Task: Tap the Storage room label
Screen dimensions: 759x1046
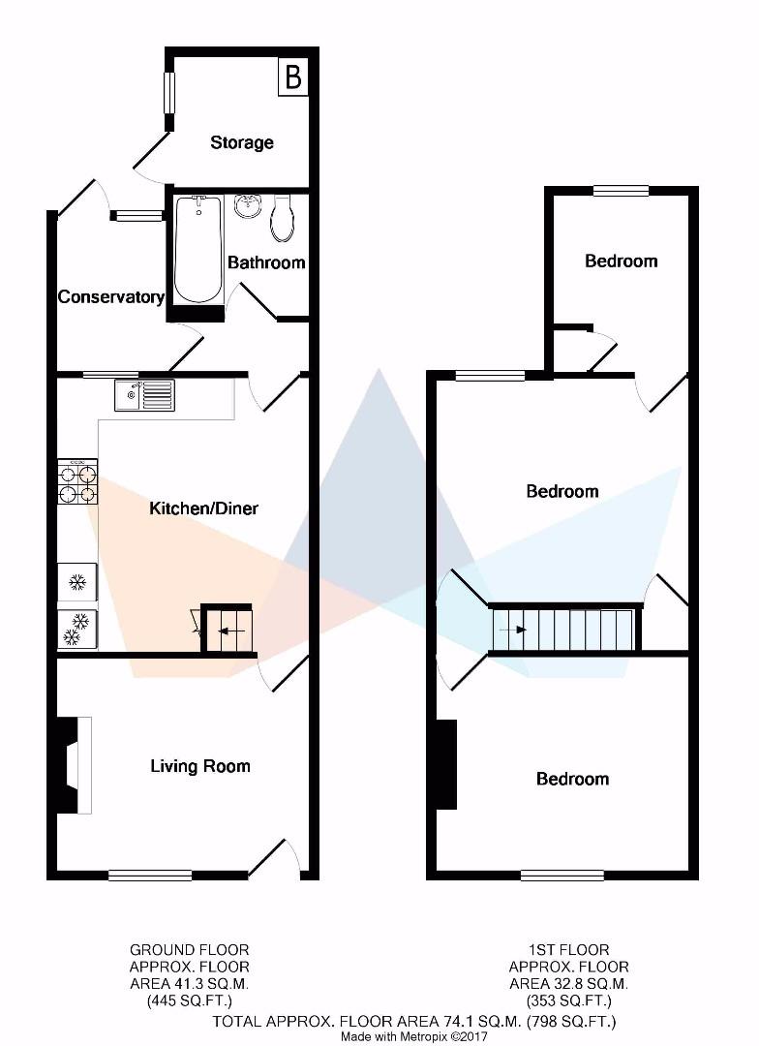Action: click(x=241, y=142)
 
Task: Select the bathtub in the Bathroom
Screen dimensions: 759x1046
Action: click(x=198, y=250)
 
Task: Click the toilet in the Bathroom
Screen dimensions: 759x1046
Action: click(x=282, y=218)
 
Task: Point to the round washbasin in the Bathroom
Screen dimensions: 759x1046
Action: click(x=249, y=206)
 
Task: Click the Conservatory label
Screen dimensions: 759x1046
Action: click(x=110, y=297)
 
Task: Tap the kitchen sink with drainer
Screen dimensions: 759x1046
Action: click(x=144, y=395)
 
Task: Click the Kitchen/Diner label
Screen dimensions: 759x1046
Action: click(x=203, y=508)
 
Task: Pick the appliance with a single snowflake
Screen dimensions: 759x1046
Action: click(x=78, y=582)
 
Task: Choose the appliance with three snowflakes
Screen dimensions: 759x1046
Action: click(x=78, y=630)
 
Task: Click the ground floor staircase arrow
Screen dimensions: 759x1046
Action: click(x=230, y=631)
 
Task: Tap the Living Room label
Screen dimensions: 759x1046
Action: click(x=200, y=766)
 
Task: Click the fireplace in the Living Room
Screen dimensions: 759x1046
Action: click(x=73, y=765)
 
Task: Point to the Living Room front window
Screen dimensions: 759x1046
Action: click(x=150, y=876)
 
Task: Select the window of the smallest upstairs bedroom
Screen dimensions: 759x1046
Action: click(x=621, y=191)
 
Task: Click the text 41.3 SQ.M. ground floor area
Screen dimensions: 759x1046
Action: click(x=190, y=983)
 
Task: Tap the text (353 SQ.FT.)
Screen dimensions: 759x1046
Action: click(x=569, y=1000)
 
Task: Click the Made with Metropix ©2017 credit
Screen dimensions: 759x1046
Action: click(x=414, y=1036)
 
